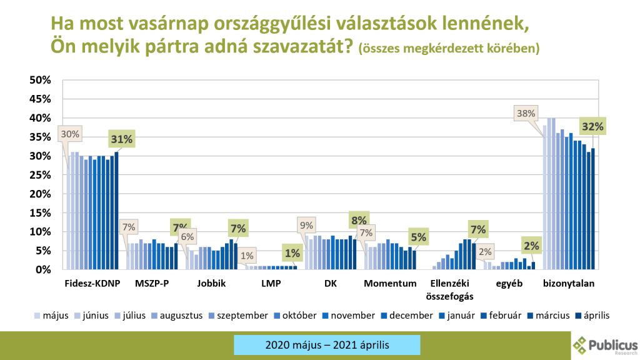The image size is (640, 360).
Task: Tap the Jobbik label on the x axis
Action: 211,284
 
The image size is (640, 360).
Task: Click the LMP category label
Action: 271,284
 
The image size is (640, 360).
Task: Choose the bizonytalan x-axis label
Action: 568,284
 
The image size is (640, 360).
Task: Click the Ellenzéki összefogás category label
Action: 451,289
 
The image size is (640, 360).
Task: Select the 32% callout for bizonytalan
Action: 593,126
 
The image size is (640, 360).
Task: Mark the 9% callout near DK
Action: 307,225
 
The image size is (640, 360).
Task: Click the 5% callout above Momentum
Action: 418,237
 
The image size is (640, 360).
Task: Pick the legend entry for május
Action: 52,316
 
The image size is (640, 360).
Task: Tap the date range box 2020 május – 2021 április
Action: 327,345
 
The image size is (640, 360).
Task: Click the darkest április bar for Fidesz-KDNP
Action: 116,211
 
